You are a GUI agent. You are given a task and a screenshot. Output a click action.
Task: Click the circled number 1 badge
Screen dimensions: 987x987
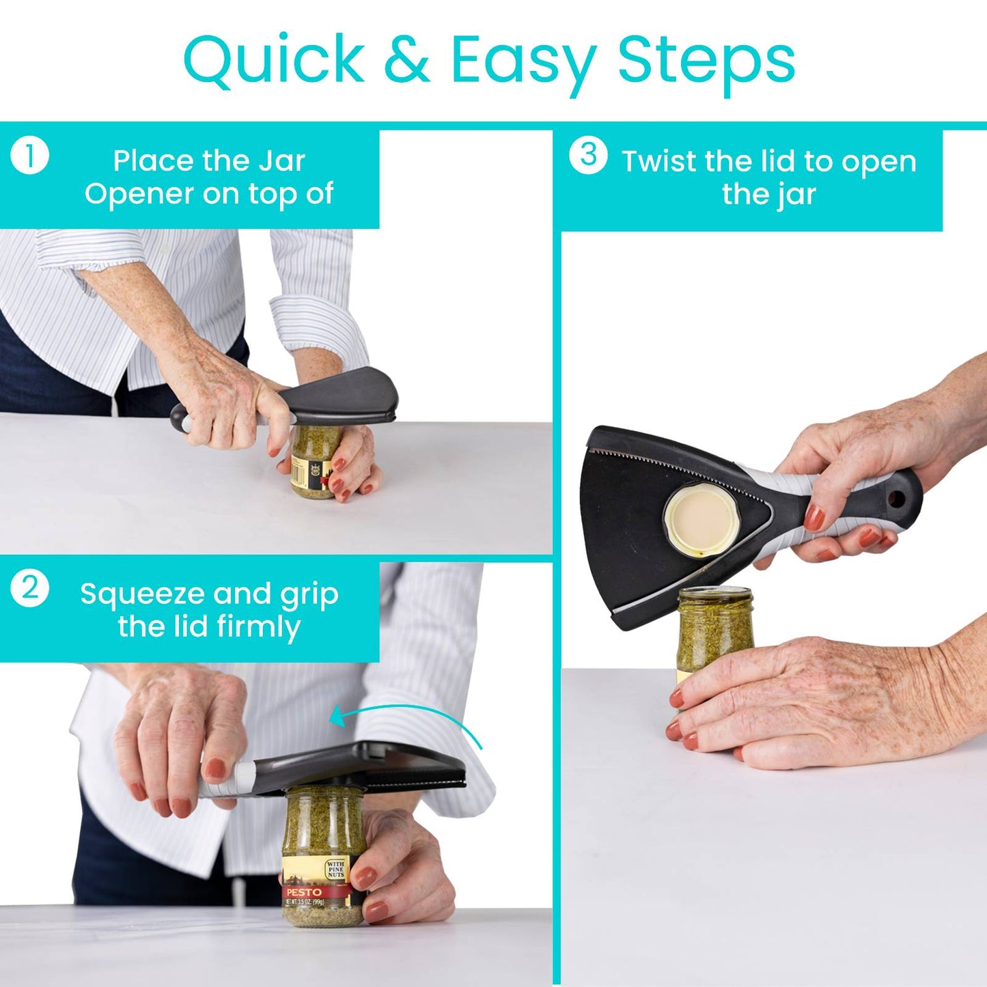pyautogui.click(x=30, y=156)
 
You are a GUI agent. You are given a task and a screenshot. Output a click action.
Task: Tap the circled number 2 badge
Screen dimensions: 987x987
pyautogui.click(x=30, y=588)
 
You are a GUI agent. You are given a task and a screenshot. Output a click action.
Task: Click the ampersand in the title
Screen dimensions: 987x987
pyautogui.click(x=406, y=59)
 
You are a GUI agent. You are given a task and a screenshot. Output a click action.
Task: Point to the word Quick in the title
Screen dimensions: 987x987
pyautogui.click(x=274, y=60)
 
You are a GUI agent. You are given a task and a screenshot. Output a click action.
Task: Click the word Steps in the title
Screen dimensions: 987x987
pyautogui.click(x=706, y=60)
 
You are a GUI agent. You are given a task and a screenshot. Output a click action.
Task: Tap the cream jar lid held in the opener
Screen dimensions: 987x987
pyautogui.click(x=701, y=520)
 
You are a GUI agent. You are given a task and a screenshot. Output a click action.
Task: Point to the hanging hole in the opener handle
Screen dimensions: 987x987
pyautogui.click(x=897, y=500)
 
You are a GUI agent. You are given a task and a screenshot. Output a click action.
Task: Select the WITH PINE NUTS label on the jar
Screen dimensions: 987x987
pyautogui.click(x=335, y=869)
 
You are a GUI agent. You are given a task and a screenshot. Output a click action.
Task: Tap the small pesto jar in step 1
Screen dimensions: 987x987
pyautogui.click(x=314, y=461)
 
